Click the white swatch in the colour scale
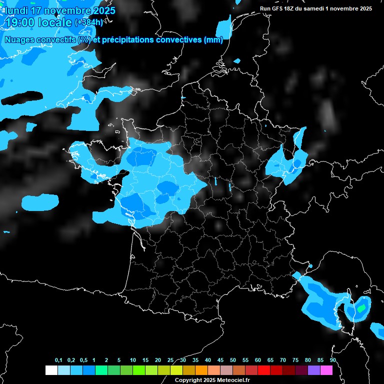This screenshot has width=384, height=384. [x=51, y=370]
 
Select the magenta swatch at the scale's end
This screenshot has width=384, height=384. [x=326, y=370]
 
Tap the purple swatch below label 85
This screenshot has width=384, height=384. [x=313, y=370]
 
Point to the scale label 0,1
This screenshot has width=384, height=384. [x=58, y=360]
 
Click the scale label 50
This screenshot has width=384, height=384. [x=233, y=360]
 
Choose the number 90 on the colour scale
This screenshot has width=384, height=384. [x=333, y=360]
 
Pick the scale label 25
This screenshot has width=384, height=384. [x=170, y=360]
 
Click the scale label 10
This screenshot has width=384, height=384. [x=133, y=360]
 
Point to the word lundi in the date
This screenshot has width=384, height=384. [x=15, y=10]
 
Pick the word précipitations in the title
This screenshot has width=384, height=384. [x=128, y=39]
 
